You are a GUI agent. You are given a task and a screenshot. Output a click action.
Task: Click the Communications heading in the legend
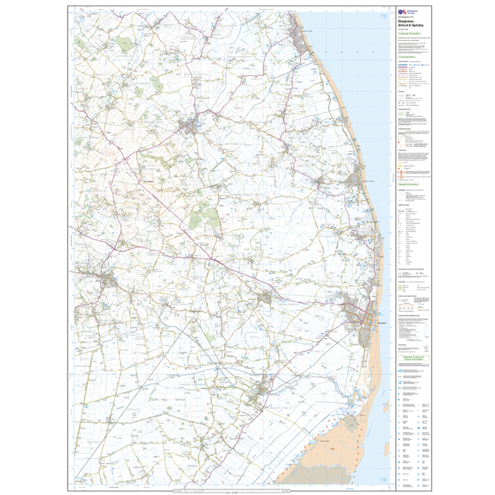pos(407,57)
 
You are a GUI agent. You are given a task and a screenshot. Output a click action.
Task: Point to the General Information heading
pos(408,184)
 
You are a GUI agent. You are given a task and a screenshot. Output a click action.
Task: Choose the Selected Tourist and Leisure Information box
pos(413,358)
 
